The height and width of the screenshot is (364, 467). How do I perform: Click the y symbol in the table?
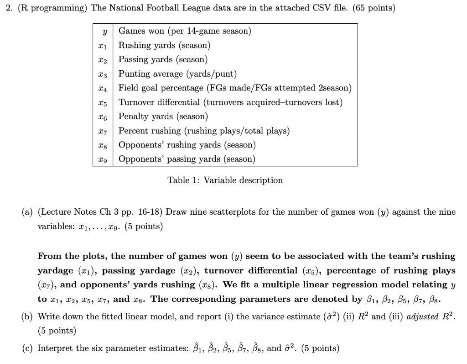pyautogui.click(x=105, y=32)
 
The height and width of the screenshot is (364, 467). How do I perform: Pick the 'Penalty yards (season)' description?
pyautogui.click(x=163, y=116)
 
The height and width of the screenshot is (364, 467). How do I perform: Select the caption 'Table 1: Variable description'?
pyautogui.click(x=225, y=180)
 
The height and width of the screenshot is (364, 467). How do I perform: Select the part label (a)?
pyautogui.click(x=28, y=212)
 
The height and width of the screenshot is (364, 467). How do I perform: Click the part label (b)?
pyautogui.click(x=28, y=317)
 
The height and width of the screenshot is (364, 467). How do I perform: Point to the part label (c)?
pyautogui.click(x=28, y=348)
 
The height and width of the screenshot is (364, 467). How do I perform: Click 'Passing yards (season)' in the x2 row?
pyautogui.click(x=163, y=59)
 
